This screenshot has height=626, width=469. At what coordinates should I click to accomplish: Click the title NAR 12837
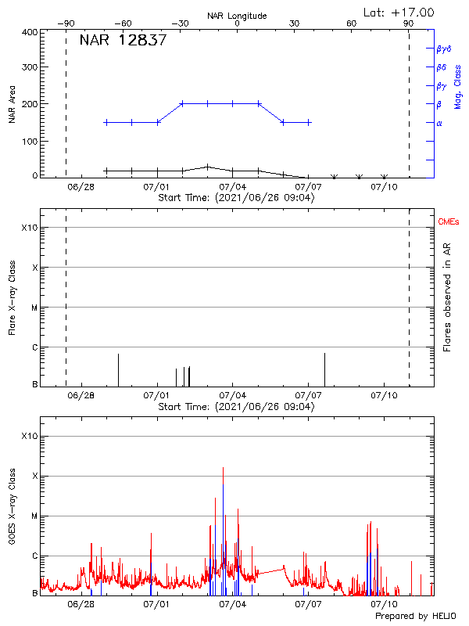click(x=123, y=41)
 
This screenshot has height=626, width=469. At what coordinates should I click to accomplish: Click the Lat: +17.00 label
click(x=399, y=12)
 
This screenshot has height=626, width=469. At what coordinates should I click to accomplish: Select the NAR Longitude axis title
click(x=237, y=16)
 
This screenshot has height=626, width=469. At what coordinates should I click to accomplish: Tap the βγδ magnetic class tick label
click(x=444, y=49)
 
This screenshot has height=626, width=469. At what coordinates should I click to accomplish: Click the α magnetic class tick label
click(x=439, y=123)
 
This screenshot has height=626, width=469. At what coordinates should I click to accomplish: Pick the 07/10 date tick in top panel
click(x=385, y=187)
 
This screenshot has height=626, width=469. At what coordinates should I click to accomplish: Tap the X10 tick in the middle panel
click(x=29, y=228)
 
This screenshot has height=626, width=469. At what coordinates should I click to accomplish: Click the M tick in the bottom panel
click(x=33, y=516)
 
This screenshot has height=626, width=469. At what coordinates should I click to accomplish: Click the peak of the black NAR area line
click(x=207, y=166)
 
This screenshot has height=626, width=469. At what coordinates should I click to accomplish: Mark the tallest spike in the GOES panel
click(x=223, y=468)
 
